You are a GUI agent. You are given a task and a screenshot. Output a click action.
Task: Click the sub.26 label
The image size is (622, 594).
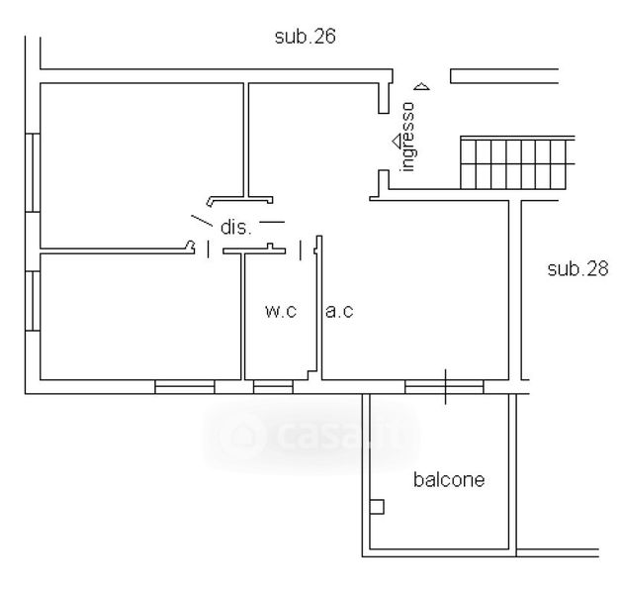click(x=305, y=37)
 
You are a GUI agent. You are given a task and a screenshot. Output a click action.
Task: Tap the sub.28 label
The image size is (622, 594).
click(x=578, y=269)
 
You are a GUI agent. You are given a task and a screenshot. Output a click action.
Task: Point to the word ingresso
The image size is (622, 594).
click(x=407, y=137)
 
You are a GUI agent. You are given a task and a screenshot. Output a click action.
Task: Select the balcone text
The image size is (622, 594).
click(x=449, y=479)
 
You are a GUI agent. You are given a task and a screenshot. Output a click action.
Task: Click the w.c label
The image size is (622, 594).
click(x=281, y=311)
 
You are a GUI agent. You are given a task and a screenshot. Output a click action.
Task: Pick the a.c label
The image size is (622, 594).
click(x=339, y=311)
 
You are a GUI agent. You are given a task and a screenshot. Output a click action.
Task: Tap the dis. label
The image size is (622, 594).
click(x=235, y=228)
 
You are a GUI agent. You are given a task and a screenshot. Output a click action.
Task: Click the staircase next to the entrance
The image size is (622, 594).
click(x=517, y=162)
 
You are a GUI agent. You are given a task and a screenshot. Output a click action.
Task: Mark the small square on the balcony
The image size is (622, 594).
click(x=377, y=507)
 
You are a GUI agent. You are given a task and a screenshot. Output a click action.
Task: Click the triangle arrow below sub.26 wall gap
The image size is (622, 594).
click(x=421, y=86)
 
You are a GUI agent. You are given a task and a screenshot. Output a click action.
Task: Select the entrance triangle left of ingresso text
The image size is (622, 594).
click(x=398, y=142)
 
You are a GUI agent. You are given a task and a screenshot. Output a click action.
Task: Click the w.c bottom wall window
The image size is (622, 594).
click(x=273, y=387)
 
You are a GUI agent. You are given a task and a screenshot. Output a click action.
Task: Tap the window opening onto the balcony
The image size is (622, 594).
click(x=444, y=387)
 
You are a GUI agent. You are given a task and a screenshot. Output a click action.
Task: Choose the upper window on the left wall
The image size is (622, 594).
click(x=33, y=172)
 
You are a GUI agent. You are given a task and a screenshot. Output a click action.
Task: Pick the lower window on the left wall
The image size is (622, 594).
click(x=33, y=301)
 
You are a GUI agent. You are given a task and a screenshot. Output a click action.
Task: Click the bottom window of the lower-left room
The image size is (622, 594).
click(x=185, y=387)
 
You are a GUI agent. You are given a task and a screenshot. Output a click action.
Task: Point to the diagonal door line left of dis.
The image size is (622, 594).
click(x=202, y=221)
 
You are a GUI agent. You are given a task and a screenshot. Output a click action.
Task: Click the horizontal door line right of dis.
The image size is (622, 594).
click(x=272, y=222)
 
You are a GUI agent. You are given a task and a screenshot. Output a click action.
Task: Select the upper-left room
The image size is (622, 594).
click(x=141, y=165)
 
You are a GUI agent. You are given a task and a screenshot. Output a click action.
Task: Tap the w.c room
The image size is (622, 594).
click(x=281, y=317)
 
